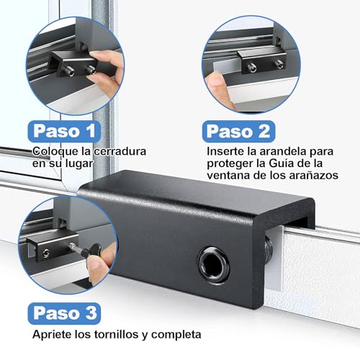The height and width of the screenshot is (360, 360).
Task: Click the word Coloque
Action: tap(52, 152)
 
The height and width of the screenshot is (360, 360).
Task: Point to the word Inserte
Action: tap(226, 152)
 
